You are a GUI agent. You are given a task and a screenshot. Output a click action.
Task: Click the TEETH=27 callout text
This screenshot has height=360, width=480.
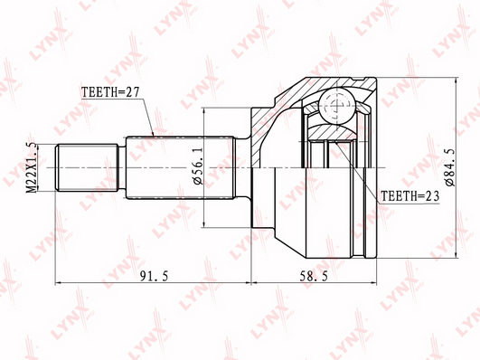coord(110,91)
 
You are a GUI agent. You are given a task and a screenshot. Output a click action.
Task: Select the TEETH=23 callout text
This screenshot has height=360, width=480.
coord(409,196)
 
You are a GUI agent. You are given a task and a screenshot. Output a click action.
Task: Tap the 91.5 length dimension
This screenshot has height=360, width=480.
coord(154,277)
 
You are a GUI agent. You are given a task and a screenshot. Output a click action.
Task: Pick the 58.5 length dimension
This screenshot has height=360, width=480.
coord(313,277)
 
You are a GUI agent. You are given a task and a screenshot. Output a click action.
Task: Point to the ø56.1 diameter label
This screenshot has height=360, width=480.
coord(198,166)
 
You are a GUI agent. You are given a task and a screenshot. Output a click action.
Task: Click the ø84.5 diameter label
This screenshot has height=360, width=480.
coord(450,166)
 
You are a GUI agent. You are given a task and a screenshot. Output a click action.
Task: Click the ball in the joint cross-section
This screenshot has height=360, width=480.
coord(337,106)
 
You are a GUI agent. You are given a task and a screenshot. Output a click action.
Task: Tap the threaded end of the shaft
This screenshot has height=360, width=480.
coord(87,167)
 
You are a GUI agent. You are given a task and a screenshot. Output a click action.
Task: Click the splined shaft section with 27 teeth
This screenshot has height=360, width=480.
coord(181,167)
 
